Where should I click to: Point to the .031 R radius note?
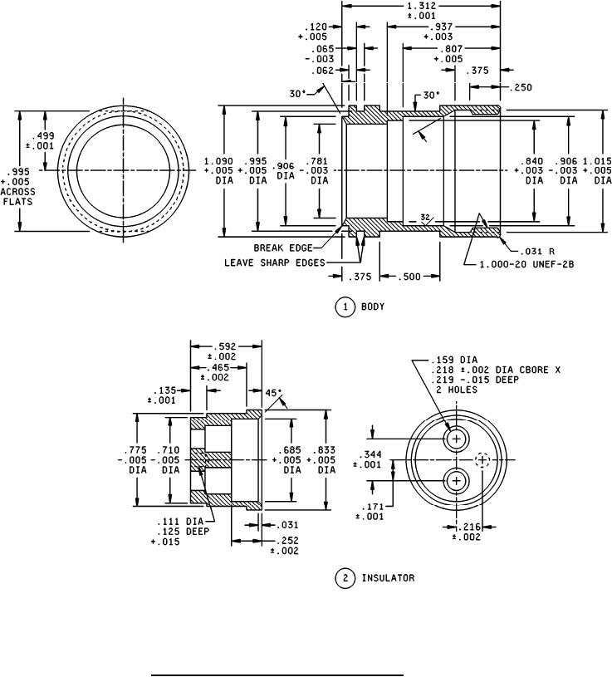(535, 251)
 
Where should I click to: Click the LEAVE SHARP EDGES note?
(275, 262)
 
